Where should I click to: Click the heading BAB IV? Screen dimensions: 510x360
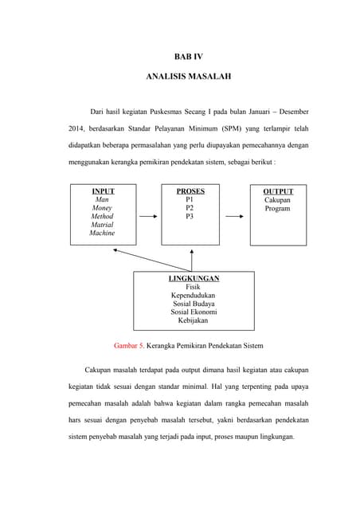click(x=189, y=56)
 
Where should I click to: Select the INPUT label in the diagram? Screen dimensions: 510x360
click(x=103, y=191)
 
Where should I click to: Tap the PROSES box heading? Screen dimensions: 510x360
click(x=190, y=191)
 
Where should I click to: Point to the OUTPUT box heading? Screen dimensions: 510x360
click(x=278, y=191)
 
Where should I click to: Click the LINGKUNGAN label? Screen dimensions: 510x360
click(x=194, y=278)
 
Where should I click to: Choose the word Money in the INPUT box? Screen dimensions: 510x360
click(x=102, y=208)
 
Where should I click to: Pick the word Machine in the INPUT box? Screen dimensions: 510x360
click(x=102, y=233)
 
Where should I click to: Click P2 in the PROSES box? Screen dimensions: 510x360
click(x=190, y=208)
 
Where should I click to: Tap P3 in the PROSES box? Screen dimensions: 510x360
click(x=190, y=217)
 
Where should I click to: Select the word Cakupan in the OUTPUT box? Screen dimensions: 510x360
click(x=278, y=200)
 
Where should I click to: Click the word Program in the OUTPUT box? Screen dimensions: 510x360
click(x=278, y=209)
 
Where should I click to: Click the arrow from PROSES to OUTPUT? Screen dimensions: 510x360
click(x=234, y=216)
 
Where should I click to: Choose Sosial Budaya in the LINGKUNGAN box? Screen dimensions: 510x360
click(x=194, y=304)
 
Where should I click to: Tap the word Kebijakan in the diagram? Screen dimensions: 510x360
click(x=194, y=320)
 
